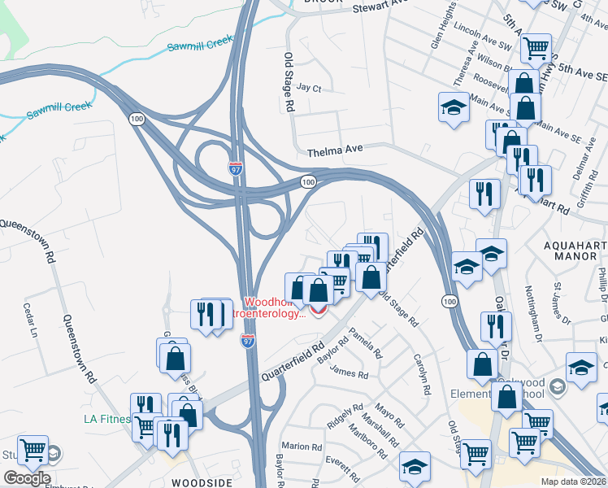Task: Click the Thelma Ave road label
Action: pos(333,150)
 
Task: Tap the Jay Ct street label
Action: pos(310,88)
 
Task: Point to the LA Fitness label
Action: pos(107,420)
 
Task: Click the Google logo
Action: pos(27,478)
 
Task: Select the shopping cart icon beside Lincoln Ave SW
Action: pos(536,48)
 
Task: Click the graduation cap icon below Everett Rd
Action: pos(415,466)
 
